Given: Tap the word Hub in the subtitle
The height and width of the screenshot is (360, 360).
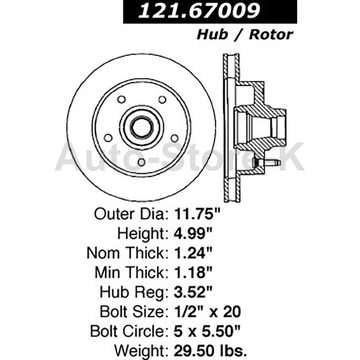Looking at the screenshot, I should tap(212, 35).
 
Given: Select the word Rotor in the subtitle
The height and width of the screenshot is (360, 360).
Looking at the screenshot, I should tap(271, 35).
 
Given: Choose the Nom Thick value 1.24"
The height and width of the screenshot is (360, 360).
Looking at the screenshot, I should tap(193, 253).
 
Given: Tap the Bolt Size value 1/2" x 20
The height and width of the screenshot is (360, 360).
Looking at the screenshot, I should tap(207, 312).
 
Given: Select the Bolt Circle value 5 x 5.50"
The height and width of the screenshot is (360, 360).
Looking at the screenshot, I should tap(207, 331).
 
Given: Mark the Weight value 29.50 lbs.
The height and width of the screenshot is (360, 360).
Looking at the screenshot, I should tap(210, 351).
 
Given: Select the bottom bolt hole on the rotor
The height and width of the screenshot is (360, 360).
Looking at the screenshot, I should tap(141, 162).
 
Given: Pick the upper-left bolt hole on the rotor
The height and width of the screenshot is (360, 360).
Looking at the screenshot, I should tap(121, 100).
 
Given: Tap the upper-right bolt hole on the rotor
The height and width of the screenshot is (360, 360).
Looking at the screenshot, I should tap(162, 100).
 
